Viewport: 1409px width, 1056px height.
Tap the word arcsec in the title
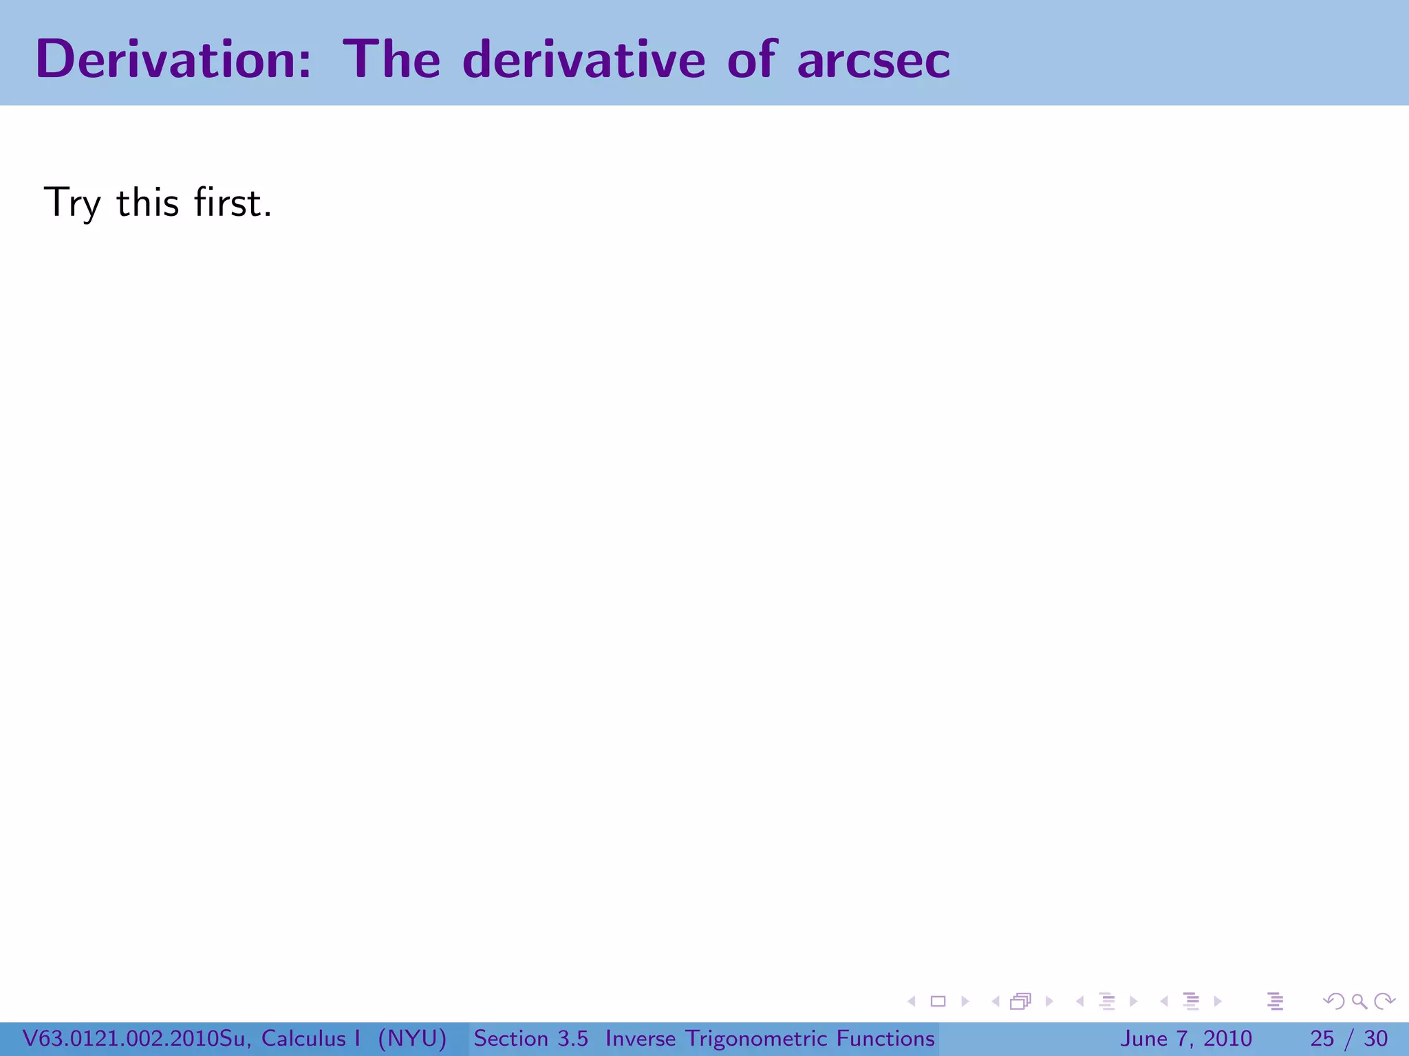pyautogui.click(x=873, y=60)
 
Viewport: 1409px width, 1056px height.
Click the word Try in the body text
pyautogui.click(x=72, y=204)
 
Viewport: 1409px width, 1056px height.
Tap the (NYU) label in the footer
pyautogui.click(x=412, y=1038)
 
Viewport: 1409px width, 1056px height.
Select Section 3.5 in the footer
pyautogui.click(x=530, y=1038)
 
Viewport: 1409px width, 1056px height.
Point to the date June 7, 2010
pyautogui.click(x=1185, y=1038)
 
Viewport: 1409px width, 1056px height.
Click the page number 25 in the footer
pyautogui.click(x=1322, y=1038)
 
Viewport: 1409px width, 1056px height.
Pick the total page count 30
pyautogui.click(x=1375, y=1038)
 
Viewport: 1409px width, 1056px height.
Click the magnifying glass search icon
pyautogui.click(x=1359, y=1001)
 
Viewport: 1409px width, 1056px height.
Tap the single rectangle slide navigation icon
pyautogui.click(x=938, y=1001)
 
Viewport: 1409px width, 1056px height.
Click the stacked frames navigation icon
pyautogui.click(x=1021, y=1001)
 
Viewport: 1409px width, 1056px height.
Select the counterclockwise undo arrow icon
pyautogui.click(x=1334, y=1001)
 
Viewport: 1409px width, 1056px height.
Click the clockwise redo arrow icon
pyautogui.click(x=1384, y=1001)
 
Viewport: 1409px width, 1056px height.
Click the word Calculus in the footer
pyautogui.click(x=303, y=1038)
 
